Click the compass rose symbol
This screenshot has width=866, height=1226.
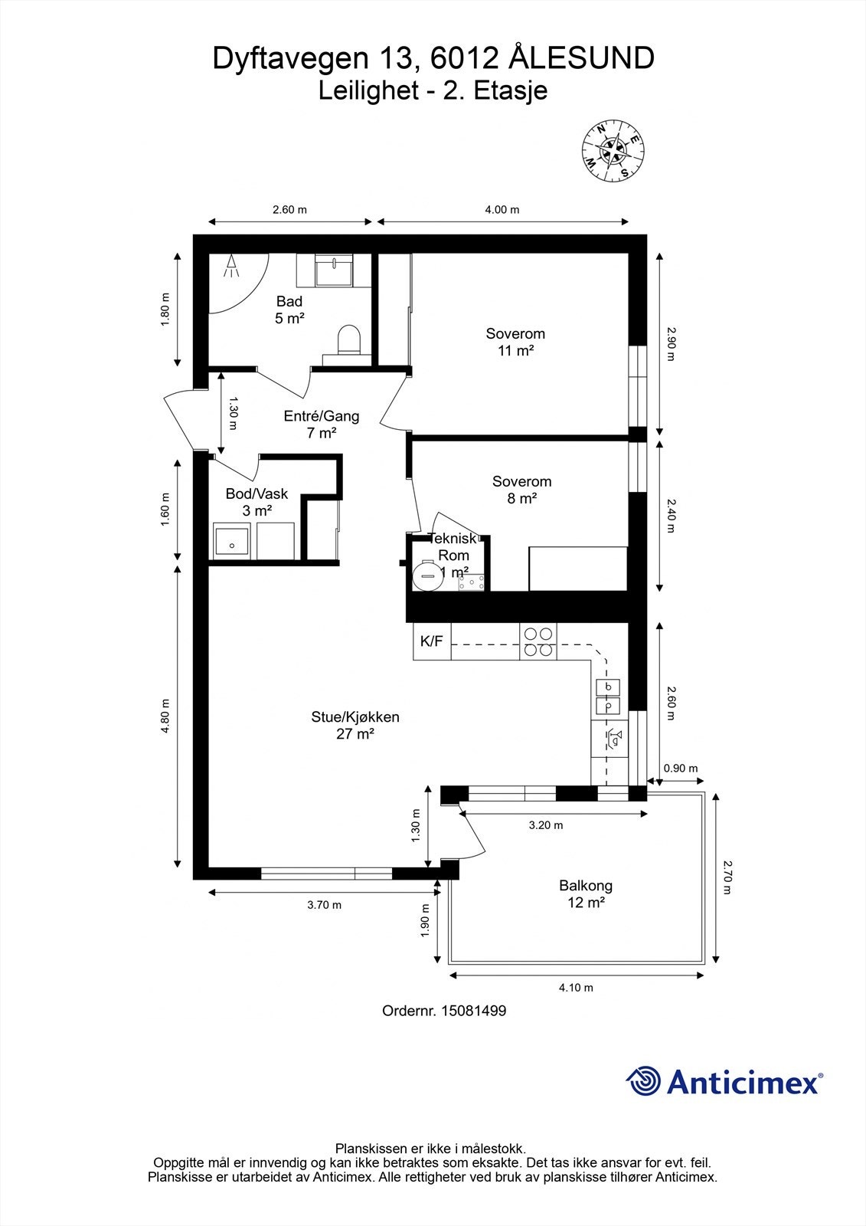613,150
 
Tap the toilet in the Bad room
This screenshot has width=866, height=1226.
348,340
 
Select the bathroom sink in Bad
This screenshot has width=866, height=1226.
334,270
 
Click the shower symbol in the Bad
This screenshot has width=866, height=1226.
232,266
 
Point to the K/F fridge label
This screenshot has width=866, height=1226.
432,641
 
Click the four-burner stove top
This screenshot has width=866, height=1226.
538,641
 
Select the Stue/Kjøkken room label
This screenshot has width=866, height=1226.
355,725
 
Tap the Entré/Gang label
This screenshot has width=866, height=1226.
321,425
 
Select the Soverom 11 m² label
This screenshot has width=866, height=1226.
515,342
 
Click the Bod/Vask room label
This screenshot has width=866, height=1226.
257,502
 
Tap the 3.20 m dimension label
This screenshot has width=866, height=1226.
545,825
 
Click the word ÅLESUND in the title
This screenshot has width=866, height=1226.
581,58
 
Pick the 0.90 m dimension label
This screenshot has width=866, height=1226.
681,769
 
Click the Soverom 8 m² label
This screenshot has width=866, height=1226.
522,490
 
